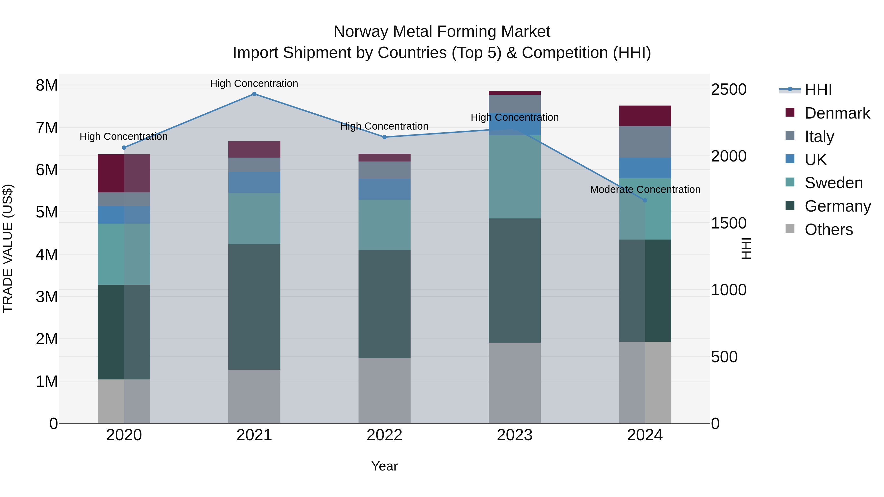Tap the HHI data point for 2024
645,200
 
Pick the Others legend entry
829,229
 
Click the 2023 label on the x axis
514,435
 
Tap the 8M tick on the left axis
47,85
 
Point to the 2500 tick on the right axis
729,90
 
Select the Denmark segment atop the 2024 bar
645,116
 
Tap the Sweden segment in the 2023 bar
514,177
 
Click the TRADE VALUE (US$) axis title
8,248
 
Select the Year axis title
384,466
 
